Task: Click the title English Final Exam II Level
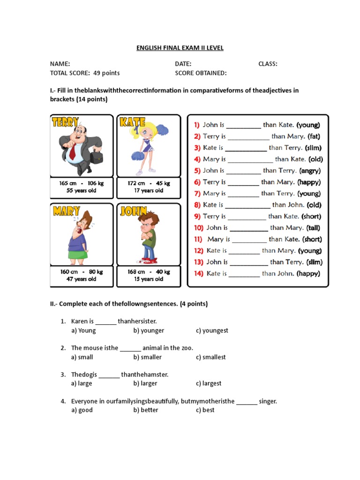pyautogui.click(x=180, y=48)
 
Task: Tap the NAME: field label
pyautogui.click(x=60, y=64)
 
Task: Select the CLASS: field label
pyautogui.click(x=268, y=64)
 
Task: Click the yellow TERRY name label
pyautogui.click(x=66, y=122)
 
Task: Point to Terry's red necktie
pyautogui.click(x=73, y=151)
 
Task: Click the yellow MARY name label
pyautogui.click(x=66, y=211)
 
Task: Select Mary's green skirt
pyautogui.click(x=78, y=255)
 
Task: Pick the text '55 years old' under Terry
pyautogui.click(x=82, y=191)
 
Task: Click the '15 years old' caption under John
pyautogui.click(x=149, y=279)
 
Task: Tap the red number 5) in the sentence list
pyautogui.click(x=197, y=171)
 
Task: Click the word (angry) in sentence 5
pyautogui.click(x=310, y=171)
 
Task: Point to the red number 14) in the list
pyautogui.click(x=199, y=273)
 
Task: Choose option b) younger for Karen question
pyautogui.click(x=149, y=330)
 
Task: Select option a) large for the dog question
pyautogui.click(x=82, y=383)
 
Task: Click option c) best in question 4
pyautogui.click(x=205, y=410)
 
